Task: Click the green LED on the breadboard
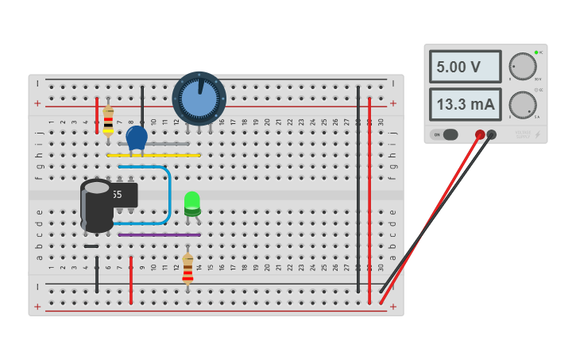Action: (192, 202)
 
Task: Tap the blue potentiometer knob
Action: (199, 97)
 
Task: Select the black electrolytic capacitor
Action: (97, 207)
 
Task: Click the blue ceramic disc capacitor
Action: (137, 137)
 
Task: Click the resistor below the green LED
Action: (187, 269)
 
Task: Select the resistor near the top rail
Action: (108, 120)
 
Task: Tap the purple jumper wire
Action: (159, 234)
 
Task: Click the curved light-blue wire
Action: (169, 195)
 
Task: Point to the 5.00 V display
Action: (465, 67)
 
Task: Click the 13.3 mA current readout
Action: (465, 104)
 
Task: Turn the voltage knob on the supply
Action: (522, 67)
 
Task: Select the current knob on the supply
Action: (522, 104)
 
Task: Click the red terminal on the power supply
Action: (480, 134)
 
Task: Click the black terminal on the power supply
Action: (492, 134)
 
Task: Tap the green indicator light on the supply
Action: (536, 52)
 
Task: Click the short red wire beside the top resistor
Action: (97, 116)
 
